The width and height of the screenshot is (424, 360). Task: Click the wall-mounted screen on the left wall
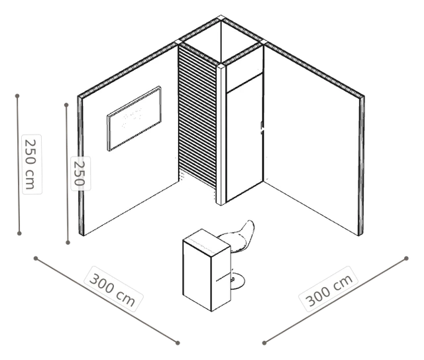pos(134,118)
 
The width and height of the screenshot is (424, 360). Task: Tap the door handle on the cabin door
pos(262,127)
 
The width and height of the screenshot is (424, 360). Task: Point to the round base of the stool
pos(237,282)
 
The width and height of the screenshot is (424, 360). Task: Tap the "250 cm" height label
pos(32,164)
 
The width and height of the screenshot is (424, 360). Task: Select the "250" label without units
pos(80,174)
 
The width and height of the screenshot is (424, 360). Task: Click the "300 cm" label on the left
pos(113,289)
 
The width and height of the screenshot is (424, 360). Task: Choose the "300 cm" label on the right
pos(329,289)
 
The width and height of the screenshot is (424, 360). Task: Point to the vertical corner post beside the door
pos(221,135)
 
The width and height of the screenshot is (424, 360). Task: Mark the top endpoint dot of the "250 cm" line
pos(17,96)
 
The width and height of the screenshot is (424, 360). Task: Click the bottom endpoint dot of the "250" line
pos(68,243)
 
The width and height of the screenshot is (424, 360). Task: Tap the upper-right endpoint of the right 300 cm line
pos(406,258)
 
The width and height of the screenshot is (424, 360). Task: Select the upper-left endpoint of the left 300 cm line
pos(36,258)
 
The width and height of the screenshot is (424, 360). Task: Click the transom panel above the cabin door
pos(244,72)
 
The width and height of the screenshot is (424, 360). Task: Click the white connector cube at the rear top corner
pos(221,18)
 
